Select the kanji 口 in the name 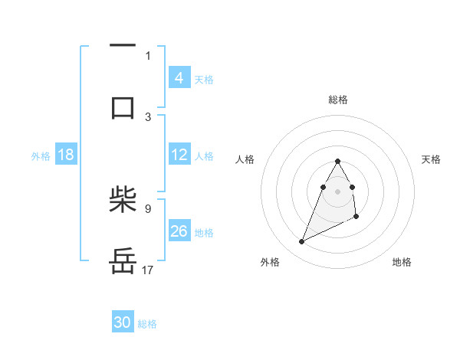[123, 106]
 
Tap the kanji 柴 [123, 203]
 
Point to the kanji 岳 [123, 262]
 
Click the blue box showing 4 [179, 77]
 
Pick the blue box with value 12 [179, 155]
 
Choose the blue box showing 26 [179, 231]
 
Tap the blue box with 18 [66, 155]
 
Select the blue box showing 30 [123, 322]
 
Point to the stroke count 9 [148, 208]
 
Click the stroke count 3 [148, 116]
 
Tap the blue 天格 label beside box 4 [204, 79]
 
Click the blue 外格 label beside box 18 [41, 155]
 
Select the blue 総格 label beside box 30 [147, 323]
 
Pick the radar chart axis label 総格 [337, 100]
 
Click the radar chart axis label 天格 [431, 159]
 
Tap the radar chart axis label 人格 [245, 159]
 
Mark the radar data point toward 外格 [301, 242]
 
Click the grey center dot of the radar [337, 191]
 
